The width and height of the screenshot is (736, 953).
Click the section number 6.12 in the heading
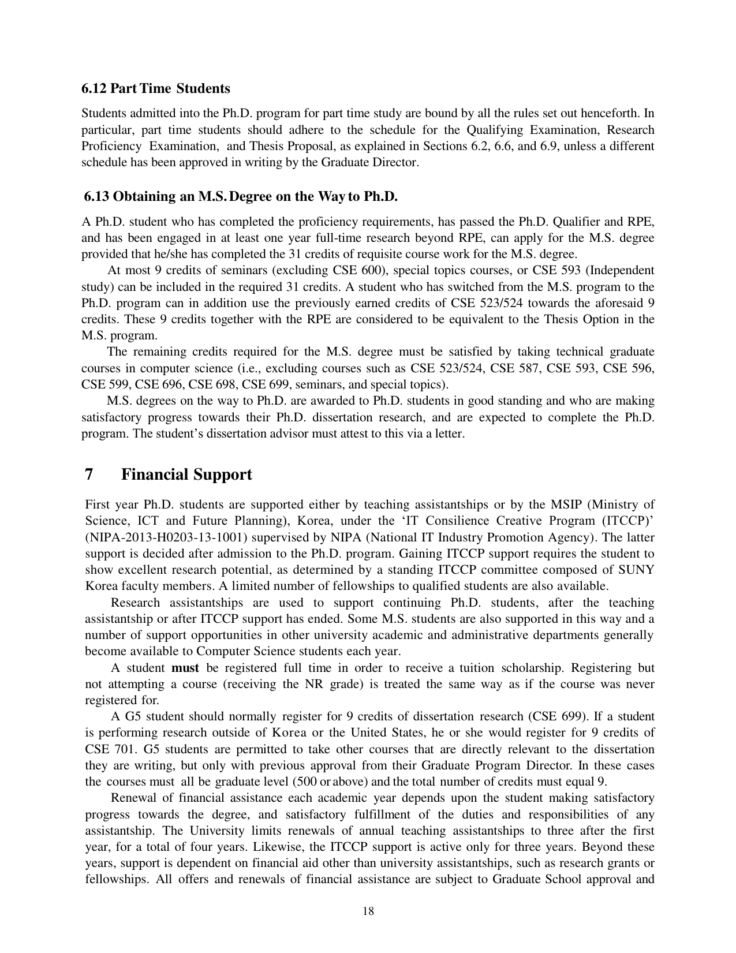coord(94,88)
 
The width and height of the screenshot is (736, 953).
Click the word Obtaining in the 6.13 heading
coord(139,196)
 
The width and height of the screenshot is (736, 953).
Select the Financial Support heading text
coord(186,474)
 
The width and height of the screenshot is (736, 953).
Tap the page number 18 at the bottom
coord(368,911)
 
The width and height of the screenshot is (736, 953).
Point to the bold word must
coord(185,668)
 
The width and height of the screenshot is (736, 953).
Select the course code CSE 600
coord(353,270)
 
